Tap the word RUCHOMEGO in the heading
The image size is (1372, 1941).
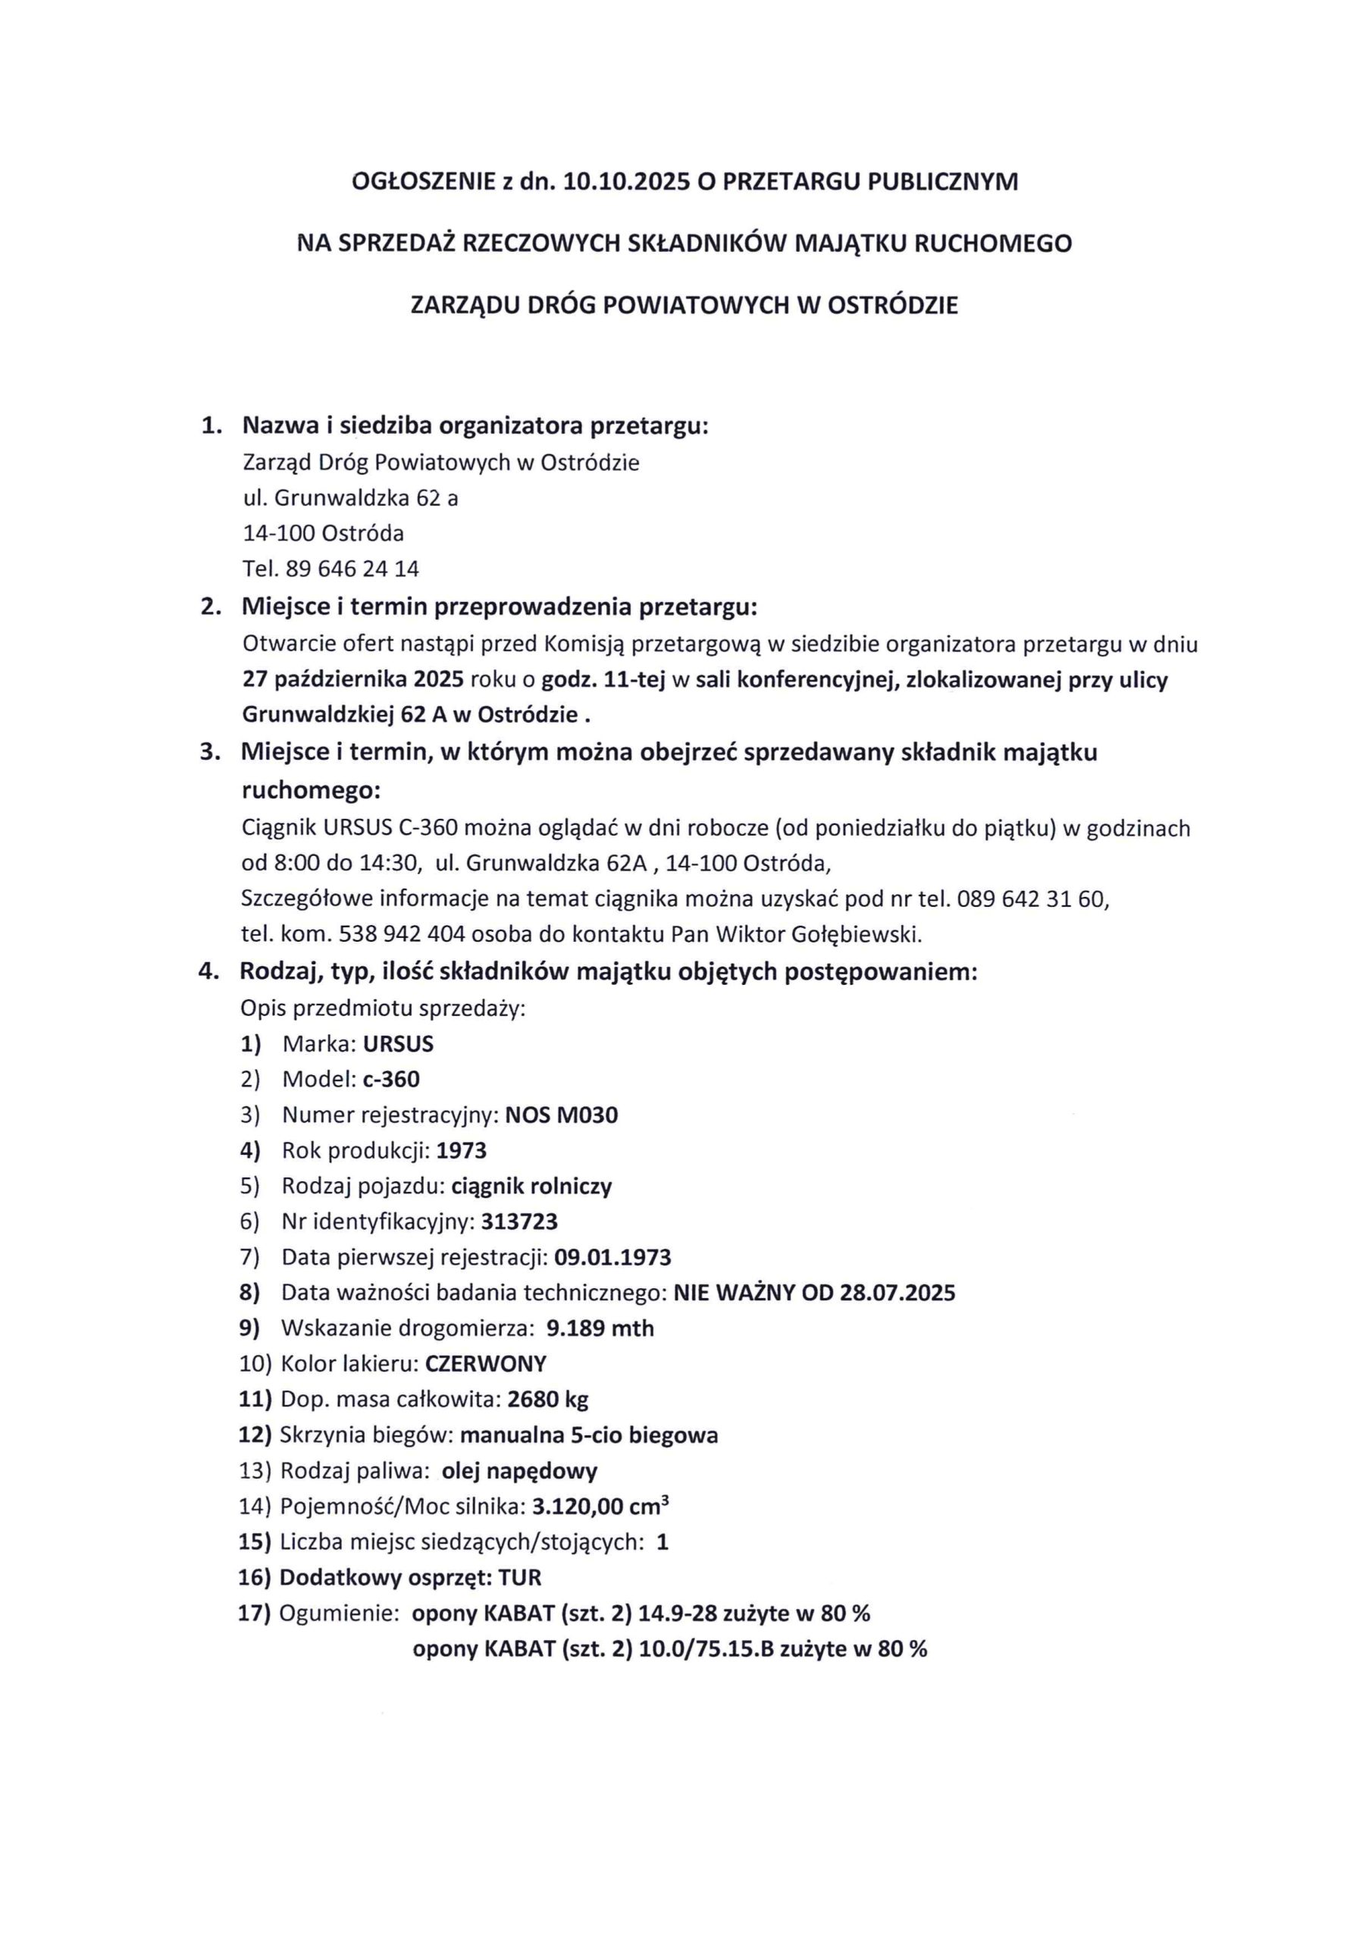click(1005, 244)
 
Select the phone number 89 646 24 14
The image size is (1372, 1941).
click(352, 569)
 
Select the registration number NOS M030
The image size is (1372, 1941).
click(562, 1115)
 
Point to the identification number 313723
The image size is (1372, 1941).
click(519, 1221)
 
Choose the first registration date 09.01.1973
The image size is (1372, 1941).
click(613, 1257)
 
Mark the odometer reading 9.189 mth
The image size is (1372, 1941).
click(600, 1328)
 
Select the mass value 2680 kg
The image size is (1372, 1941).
click(548, 1399)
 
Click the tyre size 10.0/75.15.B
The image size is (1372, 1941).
click(706, 1648)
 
